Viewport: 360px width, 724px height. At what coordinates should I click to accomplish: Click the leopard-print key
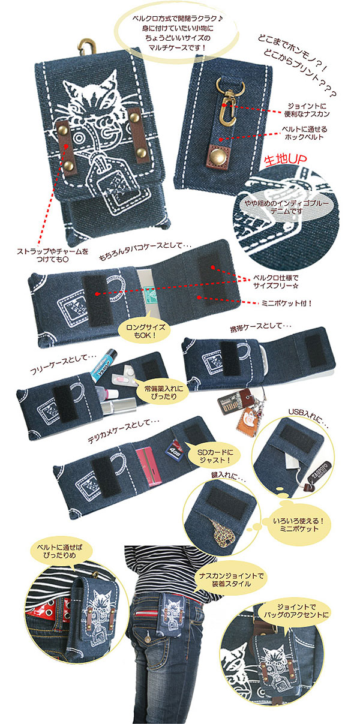[224, 534]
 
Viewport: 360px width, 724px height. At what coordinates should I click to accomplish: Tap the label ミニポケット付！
[286, 303]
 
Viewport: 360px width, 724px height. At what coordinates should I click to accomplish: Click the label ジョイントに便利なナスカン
[307, 110]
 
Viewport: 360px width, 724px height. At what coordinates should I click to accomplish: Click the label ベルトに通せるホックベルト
[304, 133]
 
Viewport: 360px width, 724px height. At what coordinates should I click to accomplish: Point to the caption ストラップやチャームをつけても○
[52, 255]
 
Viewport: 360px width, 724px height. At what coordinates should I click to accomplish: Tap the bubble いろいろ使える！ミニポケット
[298, 525]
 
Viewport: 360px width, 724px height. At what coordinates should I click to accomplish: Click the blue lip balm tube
[103, 365]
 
